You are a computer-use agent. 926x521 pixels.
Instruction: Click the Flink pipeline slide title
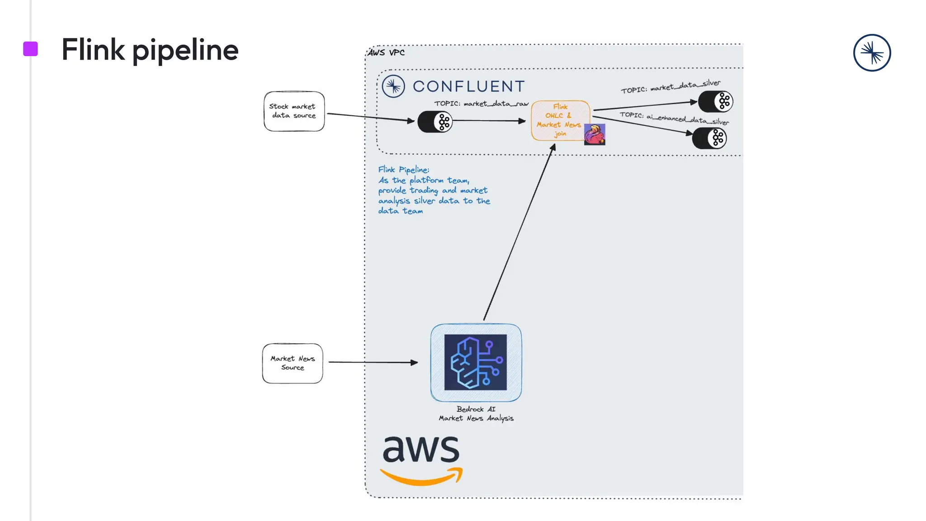(150, 50)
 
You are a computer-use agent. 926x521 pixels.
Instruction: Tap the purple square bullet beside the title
(30, 49)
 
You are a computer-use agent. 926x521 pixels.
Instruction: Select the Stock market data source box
(294, 111)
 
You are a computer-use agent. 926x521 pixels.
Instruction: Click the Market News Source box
(293, 363)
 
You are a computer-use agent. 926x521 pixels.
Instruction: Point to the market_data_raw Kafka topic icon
(435, 122)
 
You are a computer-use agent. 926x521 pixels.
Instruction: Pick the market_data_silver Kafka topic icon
(715, 101)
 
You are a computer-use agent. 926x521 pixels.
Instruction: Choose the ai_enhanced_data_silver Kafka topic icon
(709, 138)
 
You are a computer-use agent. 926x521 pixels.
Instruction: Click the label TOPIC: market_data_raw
(481, 104)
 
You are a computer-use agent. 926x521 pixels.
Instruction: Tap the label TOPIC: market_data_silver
(671, 86)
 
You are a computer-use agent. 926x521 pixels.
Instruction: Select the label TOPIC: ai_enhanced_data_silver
(674, 118)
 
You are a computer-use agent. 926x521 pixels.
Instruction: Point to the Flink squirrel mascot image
(595, 134)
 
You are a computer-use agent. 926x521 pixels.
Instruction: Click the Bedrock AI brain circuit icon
(476, 362)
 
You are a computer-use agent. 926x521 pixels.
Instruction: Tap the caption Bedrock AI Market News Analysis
(476, 414)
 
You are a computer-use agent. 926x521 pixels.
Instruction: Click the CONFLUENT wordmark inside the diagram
(468, 86)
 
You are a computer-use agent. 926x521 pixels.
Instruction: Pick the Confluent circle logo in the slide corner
(872, 53)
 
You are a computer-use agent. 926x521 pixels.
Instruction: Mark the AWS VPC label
(386, 52)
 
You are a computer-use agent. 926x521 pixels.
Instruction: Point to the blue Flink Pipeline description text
(433, 190)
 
